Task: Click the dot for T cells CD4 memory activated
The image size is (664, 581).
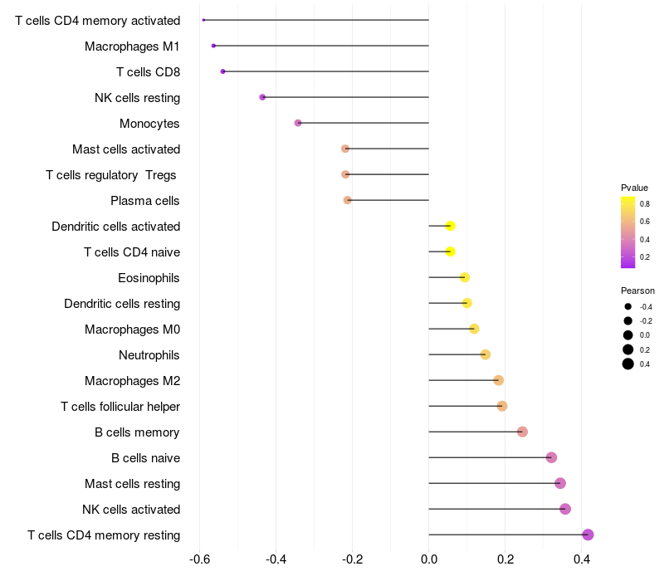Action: click(x=203, y=20)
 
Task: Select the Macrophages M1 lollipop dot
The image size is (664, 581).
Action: click(x=213, y=46)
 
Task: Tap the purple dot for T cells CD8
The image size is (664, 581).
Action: click(x=222, y=71)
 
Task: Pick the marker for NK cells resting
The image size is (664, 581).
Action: click(x=262, y=97)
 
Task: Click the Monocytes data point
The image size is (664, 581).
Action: click(x=298, y=123)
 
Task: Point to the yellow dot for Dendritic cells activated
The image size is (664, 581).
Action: click(x=450, y=226)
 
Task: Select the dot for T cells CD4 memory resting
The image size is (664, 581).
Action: click(x=588, y=535)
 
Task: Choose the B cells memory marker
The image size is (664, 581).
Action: click(x=522, y=432)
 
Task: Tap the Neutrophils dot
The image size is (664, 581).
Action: click(x=486, y=354)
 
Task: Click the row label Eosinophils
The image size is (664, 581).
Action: click(x=149, y=278)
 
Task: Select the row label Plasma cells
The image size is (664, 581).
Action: click(x=144, y=201)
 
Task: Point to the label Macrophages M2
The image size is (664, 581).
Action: click(x=132, y=381)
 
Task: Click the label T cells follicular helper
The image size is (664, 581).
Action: click(x=120, y=407)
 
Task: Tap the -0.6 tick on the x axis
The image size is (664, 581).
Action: click(x=199, y=559)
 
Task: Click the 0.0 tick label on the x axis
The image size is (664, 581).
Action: click(x=429, y=559)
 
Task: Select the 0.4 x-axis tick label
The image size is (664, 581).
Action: click(x=582, y=559)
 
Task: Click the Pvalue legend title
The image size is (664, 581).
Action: click(x=634, y=188)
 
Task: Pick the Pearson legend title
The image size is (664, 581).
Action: click(x=637, y=291)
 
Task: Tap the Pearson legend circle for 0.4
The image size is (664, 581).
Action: click(x=628, y=364)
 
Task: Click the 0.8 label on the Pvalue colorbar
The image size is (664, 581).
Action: click(x=645, y=204)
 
